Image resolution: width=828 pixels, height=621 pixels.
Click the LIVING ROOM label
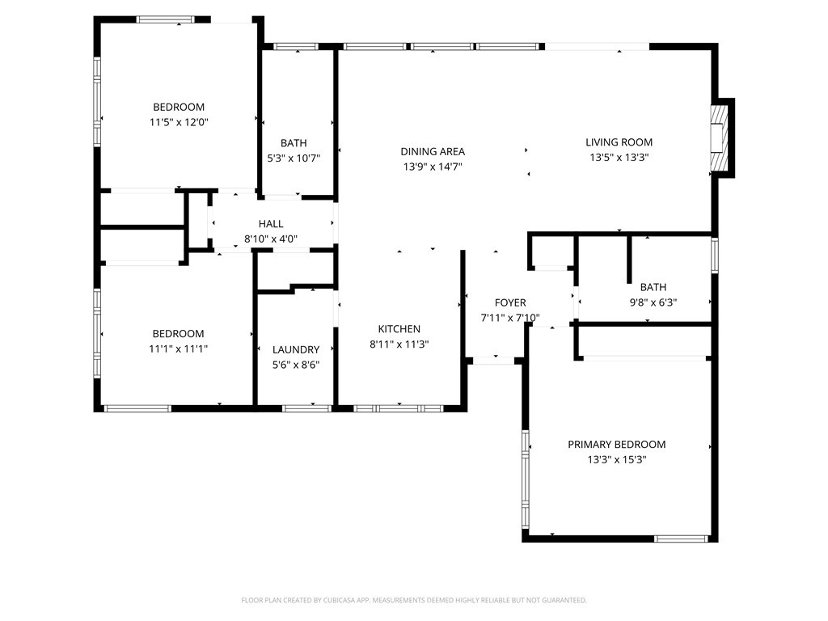[619, 142]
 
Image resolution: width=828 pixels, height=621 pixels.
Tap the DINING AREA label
[433, 151]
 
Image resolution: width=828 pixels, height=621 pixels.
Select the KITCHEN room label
[399, 329]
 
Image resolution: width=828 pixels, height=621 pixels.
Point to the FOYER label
[510, 302]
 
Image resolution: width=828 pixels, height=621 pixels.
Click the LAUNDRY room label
[296, 349]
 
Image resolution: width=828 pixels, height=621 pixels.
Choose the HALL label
[271, 224]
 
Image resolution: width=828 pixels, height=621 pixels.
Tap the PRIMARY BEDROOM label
[617, 445]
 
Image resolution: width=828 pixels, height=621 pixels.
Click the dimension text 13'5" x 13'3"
[619, 158]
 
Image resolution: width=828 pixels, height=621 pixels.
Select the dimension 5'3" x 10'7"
[294, 158]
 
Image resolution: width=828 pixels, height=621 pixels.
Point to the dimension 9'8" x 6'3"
[653, 302]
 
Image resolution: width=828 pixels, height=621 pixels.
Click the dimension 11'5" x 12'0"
[179, 123]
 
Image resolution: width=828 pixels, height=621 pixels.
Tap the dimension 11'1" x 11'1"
[179, 349]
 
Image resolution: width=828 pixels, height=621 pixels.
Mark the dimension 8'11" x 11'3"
[399, 344]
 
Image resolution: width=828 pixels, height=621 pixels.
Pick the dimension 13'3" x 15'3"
[617, 460]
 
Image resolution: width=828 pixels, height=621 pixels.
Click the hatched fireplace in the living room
[719, 137]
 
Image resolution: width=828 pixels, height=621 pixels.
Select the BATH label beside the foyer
[653, 287]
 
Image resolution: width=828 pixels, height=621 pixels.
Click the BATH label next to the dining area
[294, 143]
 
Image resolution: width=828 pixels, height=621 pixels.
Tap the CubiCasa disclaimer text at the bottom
[414, 600]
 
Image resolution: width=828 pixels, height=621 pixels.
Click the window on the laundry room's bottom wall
[306, 408]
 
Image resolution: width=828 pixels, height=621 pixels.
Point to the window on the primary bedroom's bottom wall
[681, 539]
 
